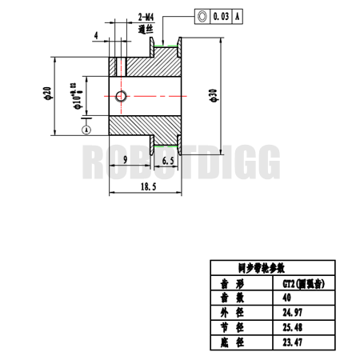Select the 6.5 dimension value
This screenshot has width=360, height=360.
point(168,161)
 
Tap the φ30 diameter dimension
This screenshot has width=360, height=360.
point(213,96)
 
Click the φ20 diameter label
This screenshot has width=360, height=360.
point(47,95)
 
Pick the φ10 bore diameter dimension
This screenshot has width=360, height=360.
point(77,95)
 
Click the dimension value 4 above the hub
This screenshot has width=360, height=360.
point(96,35)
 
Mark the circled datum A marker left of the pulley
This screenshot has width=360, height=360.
point(86,128)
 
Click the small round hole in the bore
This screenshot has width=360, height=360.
point(120,97)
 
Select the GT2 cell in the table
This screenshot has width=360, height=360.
point(299,283)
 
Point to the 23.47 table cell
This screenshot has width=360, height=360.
point(292,342)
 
